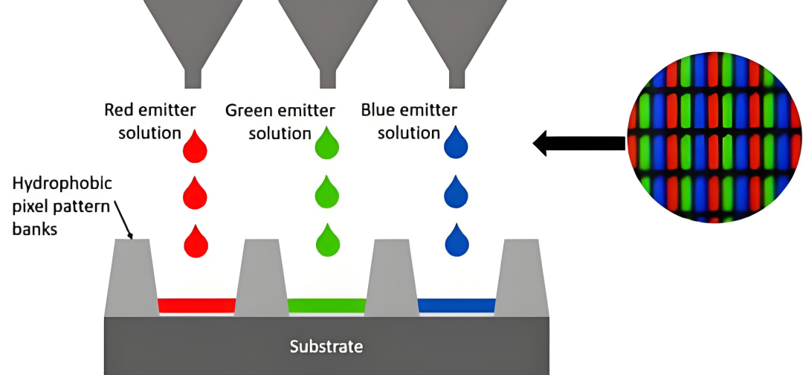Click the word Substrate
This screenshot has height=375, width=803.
(326, 346)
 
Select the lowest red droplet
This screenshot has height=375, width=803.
(195, 242)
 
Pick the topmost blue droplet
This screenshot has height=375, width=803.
(457, 144)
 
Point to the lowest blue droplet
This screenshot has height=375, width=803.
(457, 240)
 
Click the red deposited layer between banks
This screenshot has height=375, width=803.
(197, 305)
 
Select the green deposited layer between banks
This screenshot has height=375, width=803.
(326, 305)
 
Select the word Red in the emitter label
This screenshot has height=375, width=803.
(118, 111)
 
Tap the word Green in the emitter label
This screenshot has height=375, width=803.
(248, 111)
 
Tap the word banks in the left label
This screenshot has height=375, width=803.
(35, 228)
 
